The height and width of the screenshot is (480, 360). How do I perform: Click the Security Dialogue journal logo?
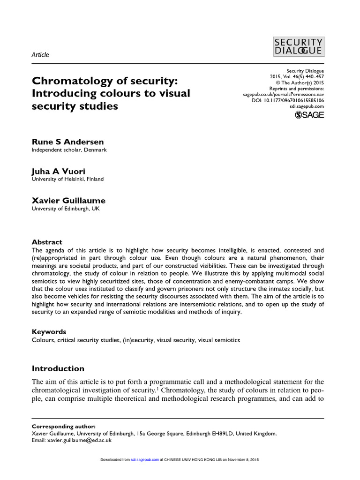coord(298,47)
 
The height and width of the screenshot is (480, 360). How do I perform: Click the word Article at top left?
coord(40,55)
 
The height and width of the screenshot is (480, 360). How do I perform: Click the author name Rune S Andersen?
coord(67,142)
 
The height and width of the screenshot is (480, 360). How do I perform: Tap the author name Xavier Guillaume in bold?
coord(68,201)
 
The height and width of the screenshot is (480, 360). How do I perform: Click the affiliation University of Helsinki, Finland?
coord(67,179)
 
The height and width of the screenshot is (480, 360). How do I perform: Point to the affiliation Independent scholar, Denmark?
coord(69,150)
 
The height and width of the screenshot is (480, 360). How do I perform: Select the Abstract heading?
coord(47,242)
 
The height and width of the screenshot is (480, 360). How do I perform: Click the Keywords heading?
coord(49,331)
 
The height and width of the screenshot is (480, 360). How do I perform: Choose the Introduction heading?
coord(58,368)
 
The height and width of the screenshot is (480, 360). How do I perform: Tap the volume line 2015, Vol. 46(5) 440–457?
coord(297,76)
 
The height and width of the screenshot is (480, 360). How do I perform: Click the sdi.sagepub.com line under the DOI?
coord(304,106)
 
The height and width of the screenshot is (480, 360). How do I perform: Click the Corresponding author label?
coord(63,427)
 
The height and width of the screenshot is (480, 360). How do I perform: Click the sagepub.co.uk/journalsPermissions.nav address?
coord(283,94)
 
